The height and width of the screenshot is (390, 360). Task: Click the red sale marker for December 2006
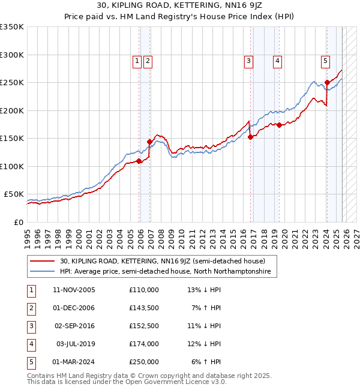click(150, 142)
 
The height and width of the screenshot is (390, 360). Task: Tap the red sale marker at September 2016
click(250, 137)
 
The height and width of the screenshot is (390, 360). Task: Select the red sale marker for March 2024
click(327, 82)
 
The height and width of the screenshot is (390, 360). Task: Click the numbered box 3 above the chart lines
click(248, 60)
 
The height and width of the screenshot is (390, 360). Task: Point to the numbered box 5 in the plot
click(325, 60)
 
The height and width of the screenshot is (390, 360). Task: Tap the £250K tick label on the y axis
click(12, 83)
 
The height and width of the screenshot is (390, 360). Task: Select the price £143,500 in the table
click(144, 308)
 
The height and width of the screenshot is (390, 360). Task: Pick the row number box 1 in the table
click(30, 290)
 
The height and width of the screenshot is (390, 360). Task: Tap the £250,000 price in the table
click(144, 362)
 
